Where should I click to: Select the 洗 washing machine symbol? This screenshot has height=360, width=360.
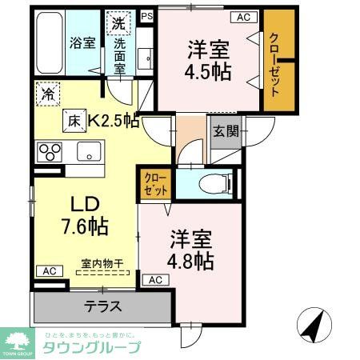pyautogui.click(x=118, y=23)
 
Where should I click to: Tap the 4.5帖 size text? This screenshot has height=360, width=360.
pyautogui.click(x=210, y=72)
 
